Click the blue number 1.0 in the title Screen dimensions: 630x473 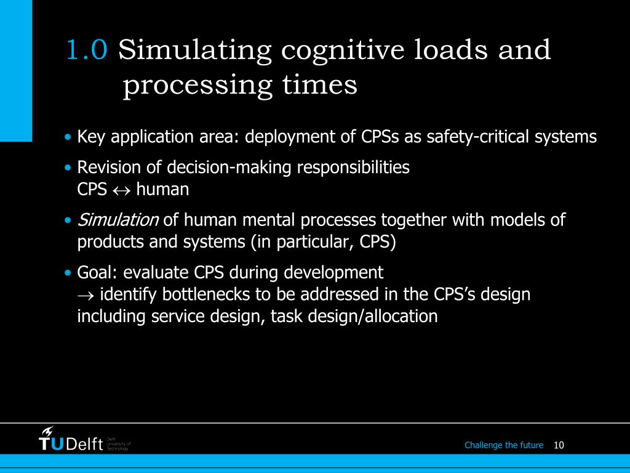tap(87, 50)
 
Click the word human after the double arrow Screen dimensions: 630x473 tap(162, 189)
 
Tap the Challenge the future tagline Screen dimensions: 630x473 tap(504, 445)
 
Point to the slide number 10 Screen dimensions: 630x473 tap(559, 445)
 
